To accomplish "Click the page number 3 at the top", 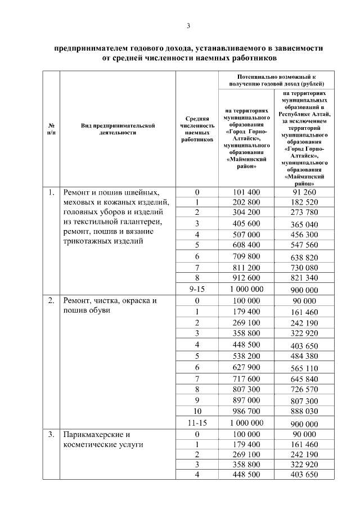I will coord(188,26).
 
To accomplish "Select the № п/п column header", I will coord(51,129).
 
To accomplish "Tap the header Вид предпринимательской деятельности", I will coord(117,129).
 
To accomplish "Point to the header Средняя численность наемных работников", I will coord(197,129).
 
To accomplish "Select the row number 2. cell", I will coord(51,300).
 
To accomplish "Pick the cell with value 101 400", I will coord(246,192).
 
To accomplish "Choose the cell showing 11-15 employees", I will coord(197,422).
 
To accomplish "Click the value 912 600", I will coord(246,277).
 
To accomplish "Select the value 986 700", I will coord(246,411).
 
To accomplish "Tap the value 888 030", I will coord(304,411).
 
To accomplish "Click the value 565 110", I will coord(304,368).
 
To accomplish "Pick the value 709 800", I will coord(246,256).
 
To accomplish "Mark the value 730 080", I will coord(304,267).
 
